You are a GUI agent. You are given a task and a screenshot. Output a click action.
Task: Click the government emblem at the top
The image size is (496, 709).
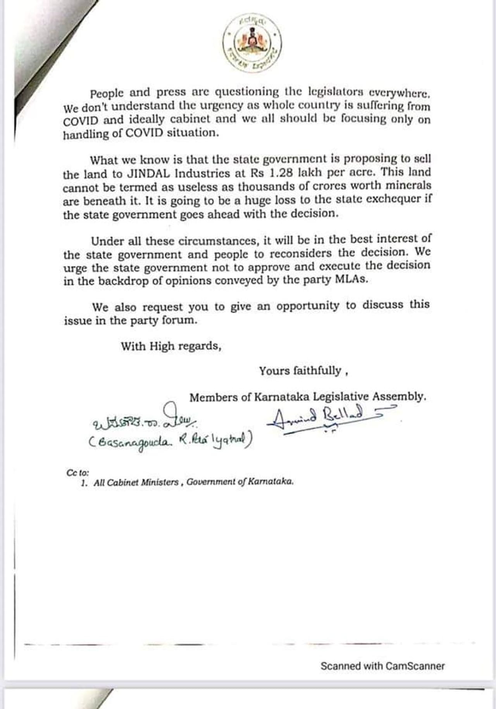[252, 43]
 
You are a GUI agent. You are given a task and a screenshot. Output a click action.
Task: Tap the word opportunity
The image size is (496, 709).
[308, 306]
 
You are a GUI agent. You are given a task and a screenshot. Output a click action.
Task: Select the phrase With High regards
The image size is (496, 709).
[171, 346]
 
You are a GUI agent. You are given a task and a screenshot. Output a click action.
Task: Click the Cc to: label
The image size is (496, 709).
[78, 473]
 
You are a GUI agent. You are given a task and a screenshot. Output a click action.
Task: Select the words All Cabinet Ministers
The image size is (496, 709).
[136, 483]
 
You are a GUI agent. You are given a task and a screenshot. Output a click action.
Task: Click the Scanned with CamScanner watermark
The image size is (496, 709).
[382, 666]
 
